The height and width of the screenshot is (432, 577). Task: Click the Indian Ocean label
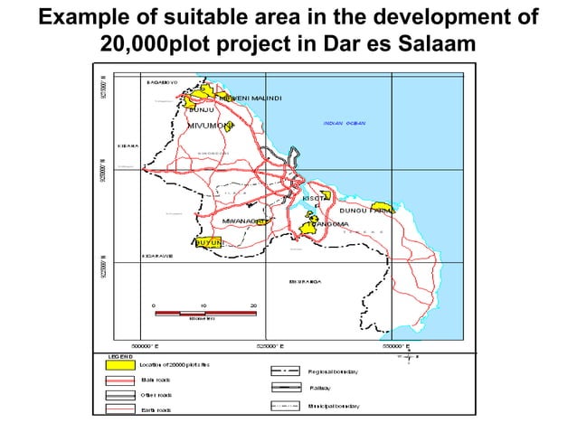point(344,123)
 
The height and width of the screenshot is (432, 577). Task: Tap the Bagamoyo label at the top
point(162,81)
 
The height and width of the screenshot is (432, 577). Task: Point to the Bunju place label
point(201,109)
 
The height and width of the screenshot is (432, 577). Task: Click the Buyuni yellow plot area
point(208,242)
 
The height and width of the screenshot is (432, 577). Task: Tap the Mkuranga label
point(306,281)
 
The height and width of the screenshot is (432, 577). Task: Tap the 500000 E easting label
point(149,345)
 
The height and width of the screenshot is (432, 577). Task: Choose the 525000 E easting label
point(272,345)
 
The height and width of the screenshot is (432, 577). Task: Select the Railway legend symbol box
point(286,387)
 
